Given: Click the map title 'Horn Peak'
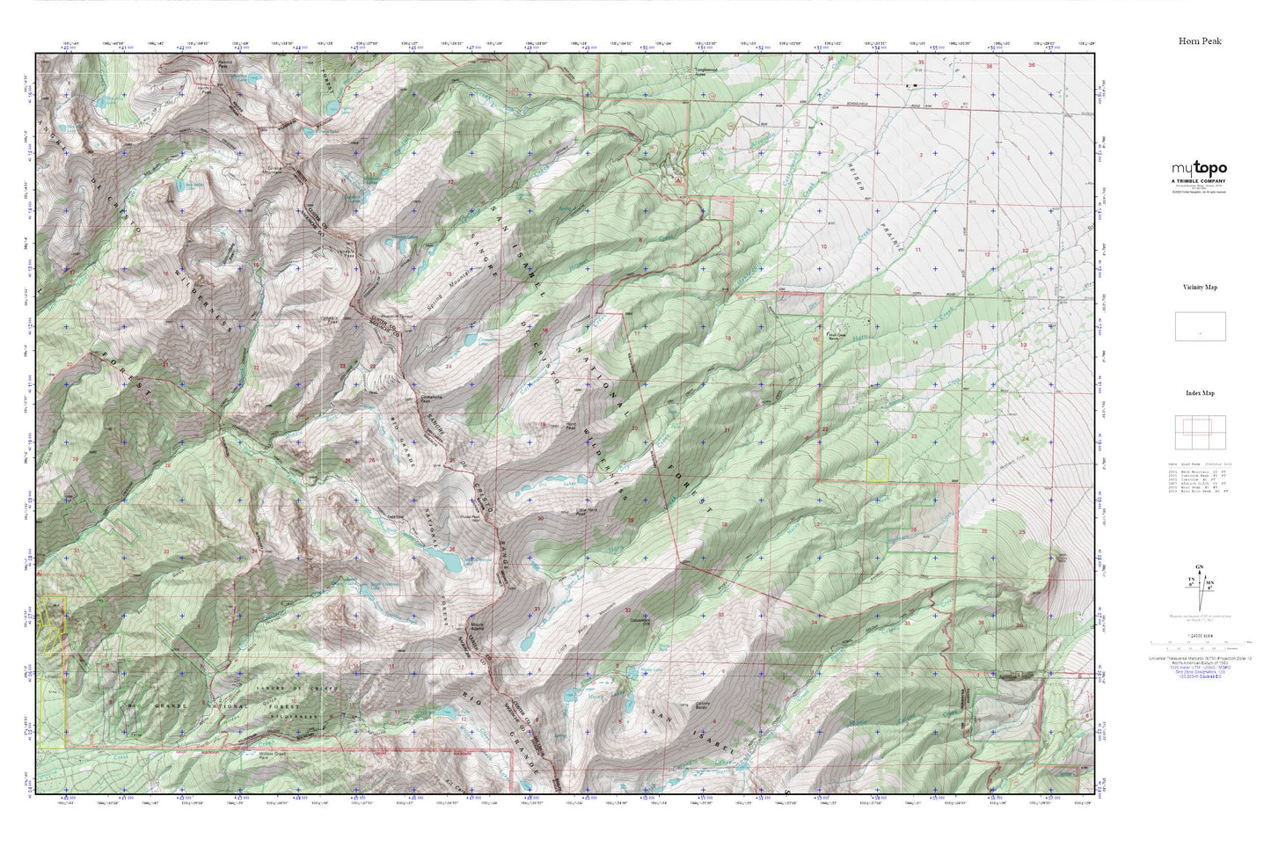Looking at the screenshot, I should click(1200, 41).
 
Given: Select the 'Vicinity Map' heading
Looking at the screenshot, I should click(1200, 288).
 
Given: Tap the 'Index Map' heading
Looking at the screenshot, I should click(1200, 393).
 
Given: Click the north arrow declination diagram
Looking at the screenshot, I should click(1199, 581).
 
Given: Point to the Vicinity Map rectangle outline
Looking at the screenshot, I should click(1200, 326).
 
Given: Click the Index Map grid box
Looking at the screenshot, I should click(1200, 432).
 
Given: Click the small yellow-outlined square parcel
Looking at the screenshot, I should click(877, 470).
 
